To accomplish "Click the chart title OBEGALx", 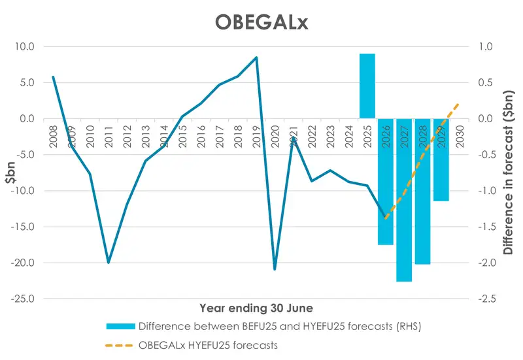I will point(261,22).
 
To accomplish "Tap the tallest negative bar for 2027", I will point(404,200).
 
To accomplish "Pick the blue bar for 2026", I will point(386,182).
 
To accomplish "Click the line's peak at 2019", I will point(256,57).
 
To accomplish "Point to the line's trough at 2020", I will point(275,269).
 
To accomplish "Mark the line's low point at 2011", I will point(109,263).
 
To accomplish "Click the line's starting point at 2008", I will point(53,77).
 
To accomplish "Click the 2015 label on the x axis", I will point(182,136).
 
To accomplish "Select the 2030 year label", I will point(460,136).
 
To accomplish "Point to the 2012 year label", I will point(127,136).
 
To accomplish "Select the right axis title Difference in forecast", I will point(508,173).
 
